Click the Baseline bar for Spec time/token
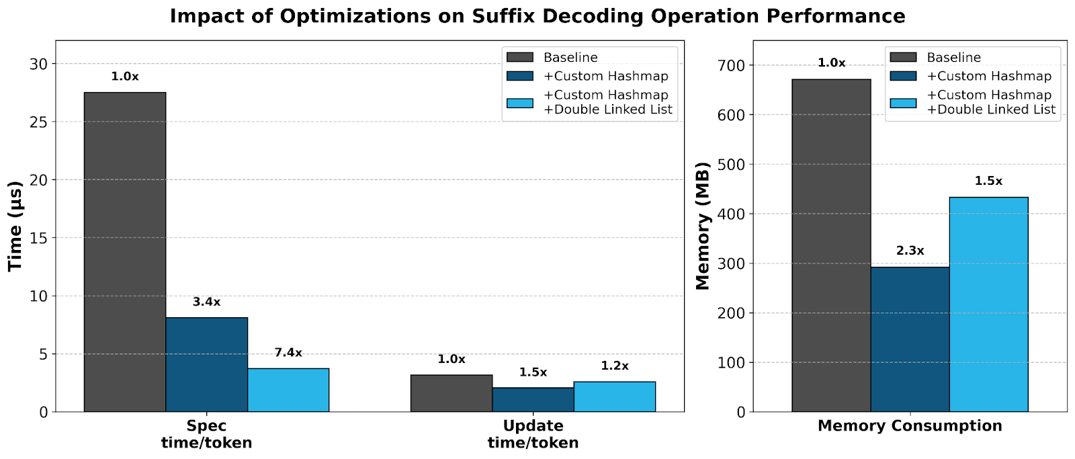point(124,252)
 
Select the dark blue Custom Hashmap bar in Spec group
point(206,364)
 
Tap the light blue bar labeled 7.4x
point(288,390)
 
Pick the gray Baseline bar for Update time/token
point(451,393)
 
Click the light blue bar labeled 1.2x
point(615,397)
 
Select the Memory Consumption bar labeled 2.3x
point(910,339)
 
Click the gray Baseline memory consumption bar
point(831,245)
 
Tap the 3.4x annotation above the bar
point(206,302)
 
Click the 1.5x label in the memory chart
point(988,181)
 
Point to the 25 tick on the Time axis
point(40,122)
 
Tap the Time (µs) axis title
point(15,225)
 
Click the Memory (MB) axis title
point(703,225)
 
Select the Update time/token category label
point(533,434)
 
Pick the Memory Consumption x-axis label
point(910,425)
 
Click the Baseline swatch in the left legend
point(519,58)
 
